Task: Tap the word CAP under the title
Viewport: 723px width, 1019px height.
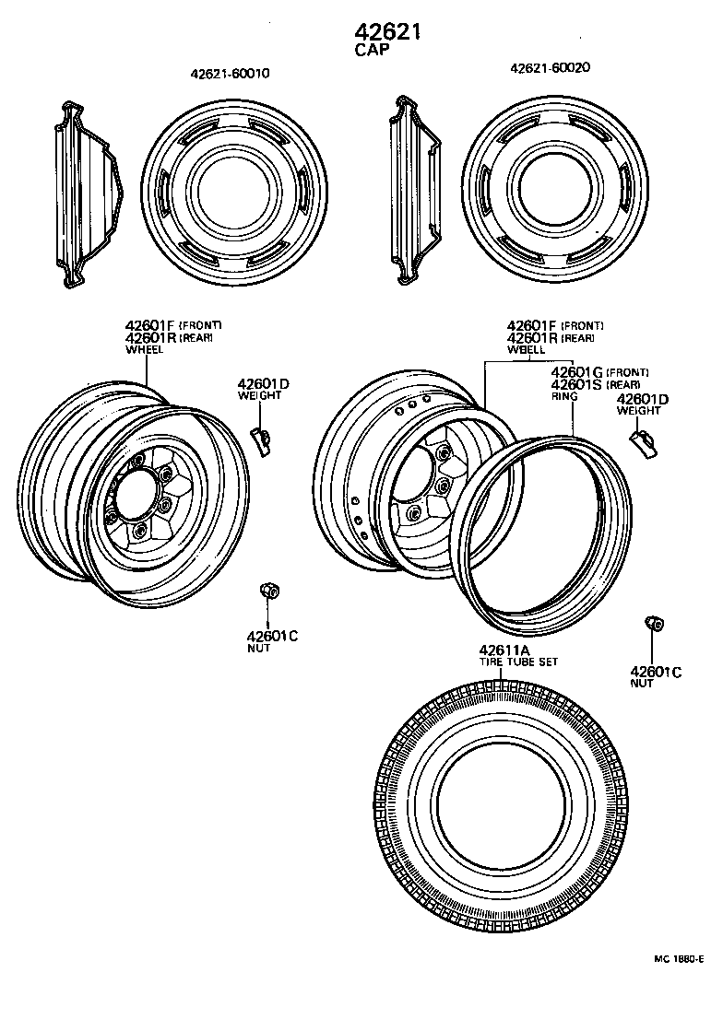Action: click(372, 52)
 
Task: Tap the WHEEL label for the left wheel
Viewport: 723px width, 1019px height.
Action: click(144, 350)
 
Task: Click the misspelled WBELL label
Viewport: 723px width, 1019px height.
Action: click(525, 350)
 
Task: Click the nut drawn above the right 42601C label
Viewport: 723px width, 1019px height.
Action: click(656, 624)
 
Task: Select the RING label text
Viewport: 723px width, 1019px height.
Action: click(563, 396)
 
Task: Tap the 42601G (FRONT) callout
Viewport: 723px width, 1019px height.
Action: click(599, 372)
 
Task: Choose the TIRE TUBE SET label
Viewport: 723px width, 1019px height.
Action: click(517, 662)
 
